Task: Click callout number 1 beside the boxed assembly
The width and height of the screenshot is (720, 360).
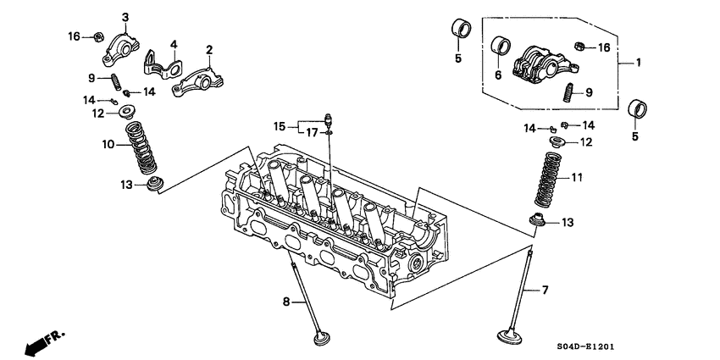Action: point(638,62)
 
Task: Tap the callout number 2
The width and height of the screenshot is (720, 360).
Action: point(208,50)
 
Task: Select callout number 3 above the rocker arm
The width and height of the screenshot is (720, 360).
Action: point(125,18)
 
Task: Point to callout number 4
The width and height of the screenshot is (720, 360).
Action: point(173,44)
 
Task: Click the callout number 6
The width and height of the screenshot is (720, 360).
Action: point(498,75)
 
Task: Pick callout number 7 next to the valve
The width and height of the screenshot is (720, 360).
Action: point(545,290)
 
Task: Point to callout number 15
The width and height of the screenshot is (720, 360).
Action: point(280,126)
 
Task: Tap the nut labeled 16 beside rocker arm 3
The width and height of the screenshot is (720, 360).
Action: point(98,36)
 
